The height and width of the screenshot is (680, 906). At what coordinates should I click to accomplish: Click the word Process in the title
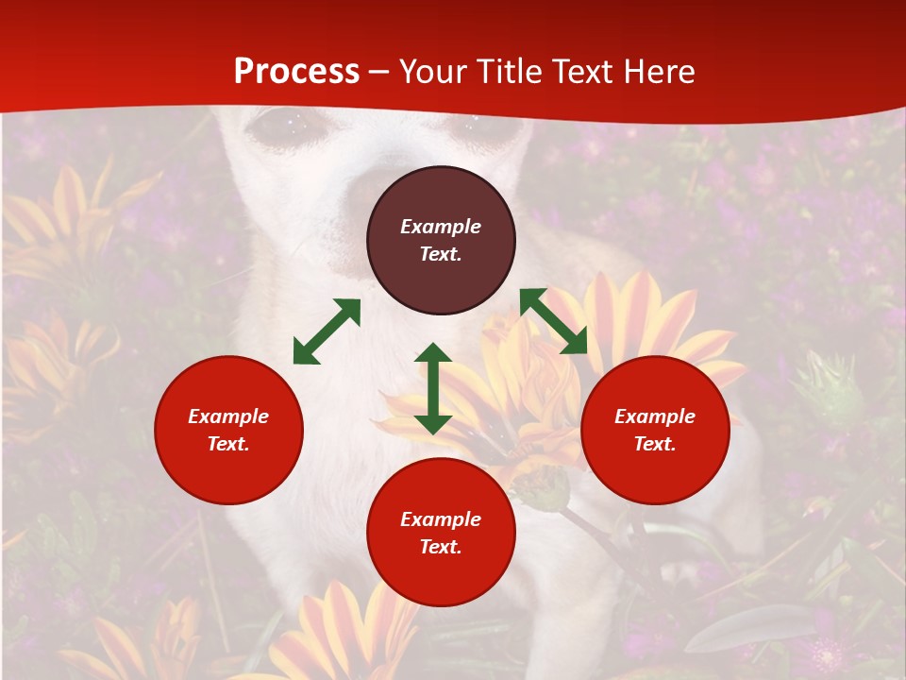pyautogui.click(x=296, y=72)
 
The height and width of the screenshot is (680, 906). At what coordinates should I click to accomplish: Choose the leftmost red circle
pyautogui.click(x=228, y=430)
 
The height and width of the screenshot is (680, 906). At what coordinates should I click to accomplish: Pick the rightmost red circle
pyautogui.click(x=655, y=430)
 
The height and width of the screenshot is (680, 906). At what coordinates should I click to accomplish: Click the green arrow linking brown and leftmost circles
pyautogui.click(x=327, y=331)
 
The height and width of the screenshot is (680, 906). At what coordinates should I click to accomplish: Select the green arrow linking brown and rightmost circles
pyautogui.click(x=553, y=321)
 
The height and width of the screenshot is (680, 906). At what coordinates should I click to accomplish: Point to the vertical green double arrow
pyautogui.click(x=433, y=388)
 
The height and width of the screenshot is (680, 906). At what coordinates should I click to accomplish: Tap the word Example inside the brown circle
pyautogui.click(x=441, y=227)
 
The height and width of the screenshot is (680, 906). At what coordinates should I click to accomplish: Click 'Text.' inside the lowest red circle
pyautogui.click(x=441, y=547)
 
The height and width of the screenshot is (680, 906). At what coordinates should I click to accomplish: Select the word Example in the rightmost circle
pyautogui.click(x=655, y=416)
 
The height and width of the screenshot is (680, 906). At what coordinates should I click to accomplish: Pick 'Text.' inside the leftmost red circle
pyautogui.click(x=228, y=444)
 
